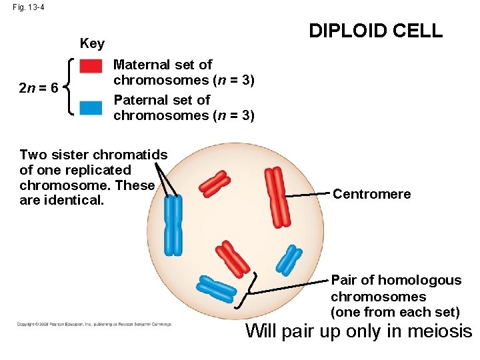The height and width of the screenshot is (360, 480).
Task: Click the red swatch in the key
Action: click(x=91, y=66)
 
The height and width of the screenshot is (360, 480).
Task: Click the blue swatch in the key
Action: click(x=91, y=107)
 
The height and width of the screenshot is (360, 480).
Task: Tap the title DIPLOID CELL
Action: click(x=375, y=31)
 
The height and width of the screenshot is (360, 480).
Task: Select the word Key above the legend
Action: click(x=92, y=44)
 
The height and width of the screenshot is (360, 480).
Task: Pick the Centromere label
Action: click(x=371, y=194)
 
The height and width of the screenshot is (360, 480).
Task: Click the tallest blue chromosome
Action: click(x=173, y=225)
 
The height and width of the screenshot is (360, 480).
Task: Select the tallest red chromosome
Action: click(x=277, y=197)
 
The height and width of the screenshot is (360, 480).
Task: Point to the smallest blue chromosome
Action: click(x=289, y=259)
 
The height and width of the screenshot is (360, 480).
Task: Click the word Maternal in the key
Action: click(x=143, y=65)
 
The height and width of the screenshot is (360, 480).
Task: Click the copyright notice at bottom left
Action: click(x=93, y=325)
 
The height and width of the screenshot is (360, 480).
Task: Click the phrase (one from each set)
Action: click(x=395, y=311)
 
